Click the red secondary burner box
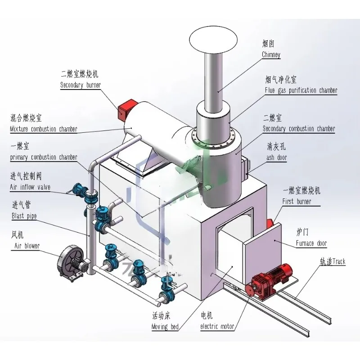[x=127, y=109]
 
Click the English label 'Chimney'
[x=271, y=54]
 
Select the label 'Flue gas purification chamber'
[x=301, y=90]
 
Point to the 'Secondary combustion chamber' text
[x=299, y=129]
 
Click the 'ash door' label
[x=277, y=157]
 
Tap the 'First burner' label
[x=297, y=202]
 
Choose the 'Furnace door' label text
[x=311, y=243]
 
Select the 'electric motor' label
[x=217, y=326]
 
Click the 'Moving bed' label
[x=165, y=327]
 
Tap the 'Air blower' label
[x=27, y=246]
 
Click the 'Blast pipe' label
[x=24, y=216]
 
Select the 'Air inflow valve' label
[x=30, y=187]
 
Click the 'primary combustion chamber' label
[x=44, y=157]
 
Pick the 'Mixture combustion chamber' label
[x=44, y=129]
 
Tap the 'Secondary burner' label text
[x=81, y=85]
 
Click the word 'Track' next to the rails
[x=339, y=261]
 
